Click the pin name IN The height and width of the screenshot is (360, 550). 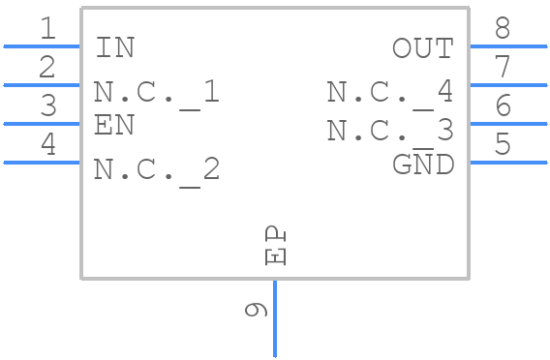pos(115,47)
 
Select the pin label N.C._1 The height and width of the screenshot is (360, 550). pos(157,92)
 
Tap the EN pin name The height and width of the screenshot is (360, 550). pos(114,125)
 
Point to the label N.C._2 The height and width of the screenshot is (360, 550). pos(157,169)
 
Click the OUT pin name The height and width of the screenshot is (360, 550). pos(422,48)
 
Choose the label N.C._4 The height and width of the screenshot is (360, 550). pos(389,92)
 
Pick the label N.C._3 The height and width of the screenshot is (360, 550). pos(389,130)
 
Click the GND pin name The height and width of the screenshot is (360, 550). pos(423,165)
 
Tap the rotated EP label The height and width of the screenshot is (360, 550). pos(275,246)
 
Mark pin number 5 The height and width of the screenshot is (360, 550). pos(502,145)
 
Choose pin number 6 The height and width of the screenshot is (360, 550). pos(502,106)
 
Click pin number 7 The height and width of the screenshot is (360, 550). pos(502,68)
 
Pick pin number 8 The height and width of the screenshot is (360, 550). pos(502,29)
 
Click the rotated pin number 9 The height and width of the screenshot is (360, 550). pos(256,310)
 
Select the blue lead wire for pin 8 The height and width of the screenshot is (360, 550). pos(508,45)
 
